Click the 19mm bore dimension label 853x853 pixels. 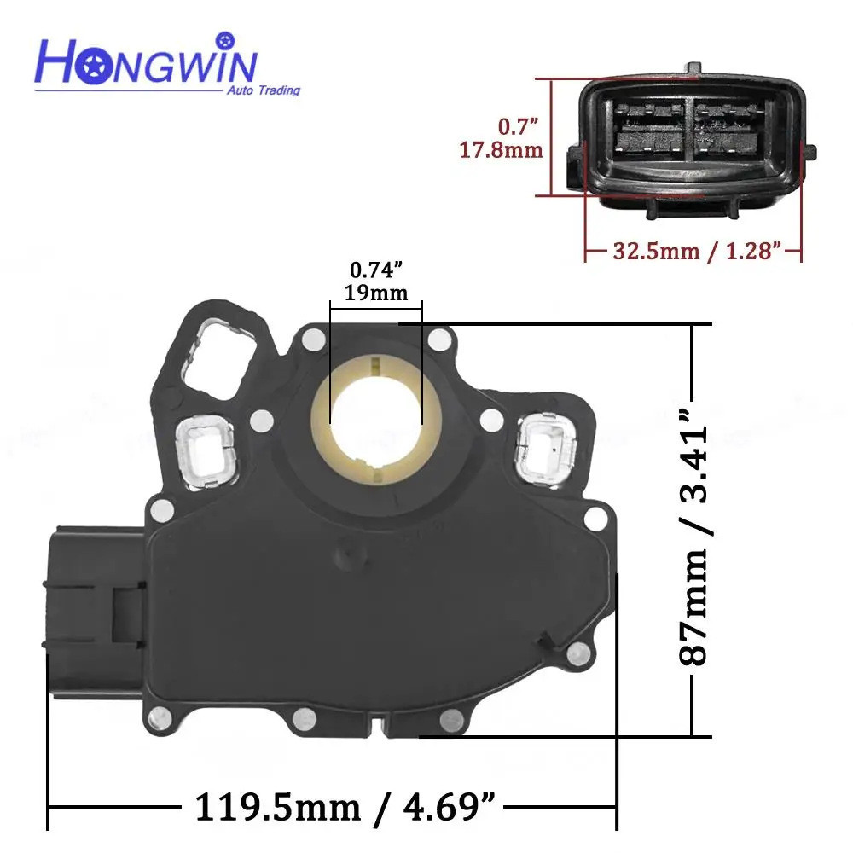point(375,293)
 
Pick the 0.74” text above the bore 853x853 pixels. point(375,270)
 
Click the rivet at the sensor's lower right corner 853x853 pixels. point(579,654)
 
